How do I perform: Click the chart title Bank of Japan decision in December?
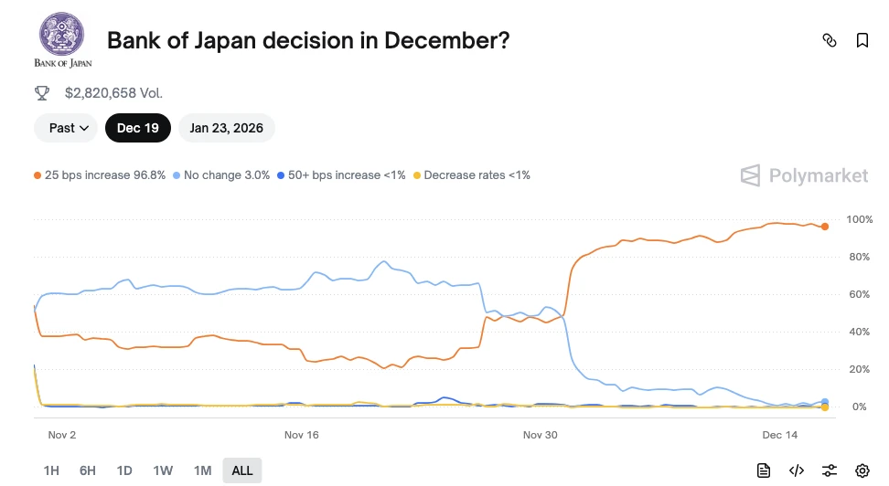[308, 40]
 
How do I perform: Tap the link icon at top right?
[830, 40]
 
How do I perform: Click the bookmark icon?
[862, 40]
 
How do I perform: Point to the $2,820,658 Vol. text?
[113, 92]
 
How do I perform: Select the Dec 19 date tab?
[138, 128]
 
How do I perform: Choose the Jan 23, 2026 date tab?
[226, 128]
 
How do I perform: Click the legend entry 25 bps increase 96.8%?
[100, 174]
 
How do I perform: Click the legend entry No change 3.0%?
[221, 174]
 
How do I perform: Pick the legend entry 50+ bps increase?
[341, 174]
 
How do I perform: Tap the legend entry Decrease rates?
[471, 174]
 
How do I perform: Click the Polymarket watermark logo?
[804, 175]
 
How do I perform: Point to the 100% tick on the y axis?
[860, 220]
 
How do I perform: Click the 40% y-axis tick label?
[860, 332]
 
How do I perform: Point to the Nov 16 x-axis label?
[301, 435]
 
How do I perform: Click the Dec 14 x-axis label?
[779, 435]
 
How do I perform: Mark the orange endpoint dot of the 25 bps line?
[825, 227]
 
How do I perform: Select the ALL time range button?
[242, 470]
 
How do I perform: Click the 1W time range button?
[163, 470]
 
